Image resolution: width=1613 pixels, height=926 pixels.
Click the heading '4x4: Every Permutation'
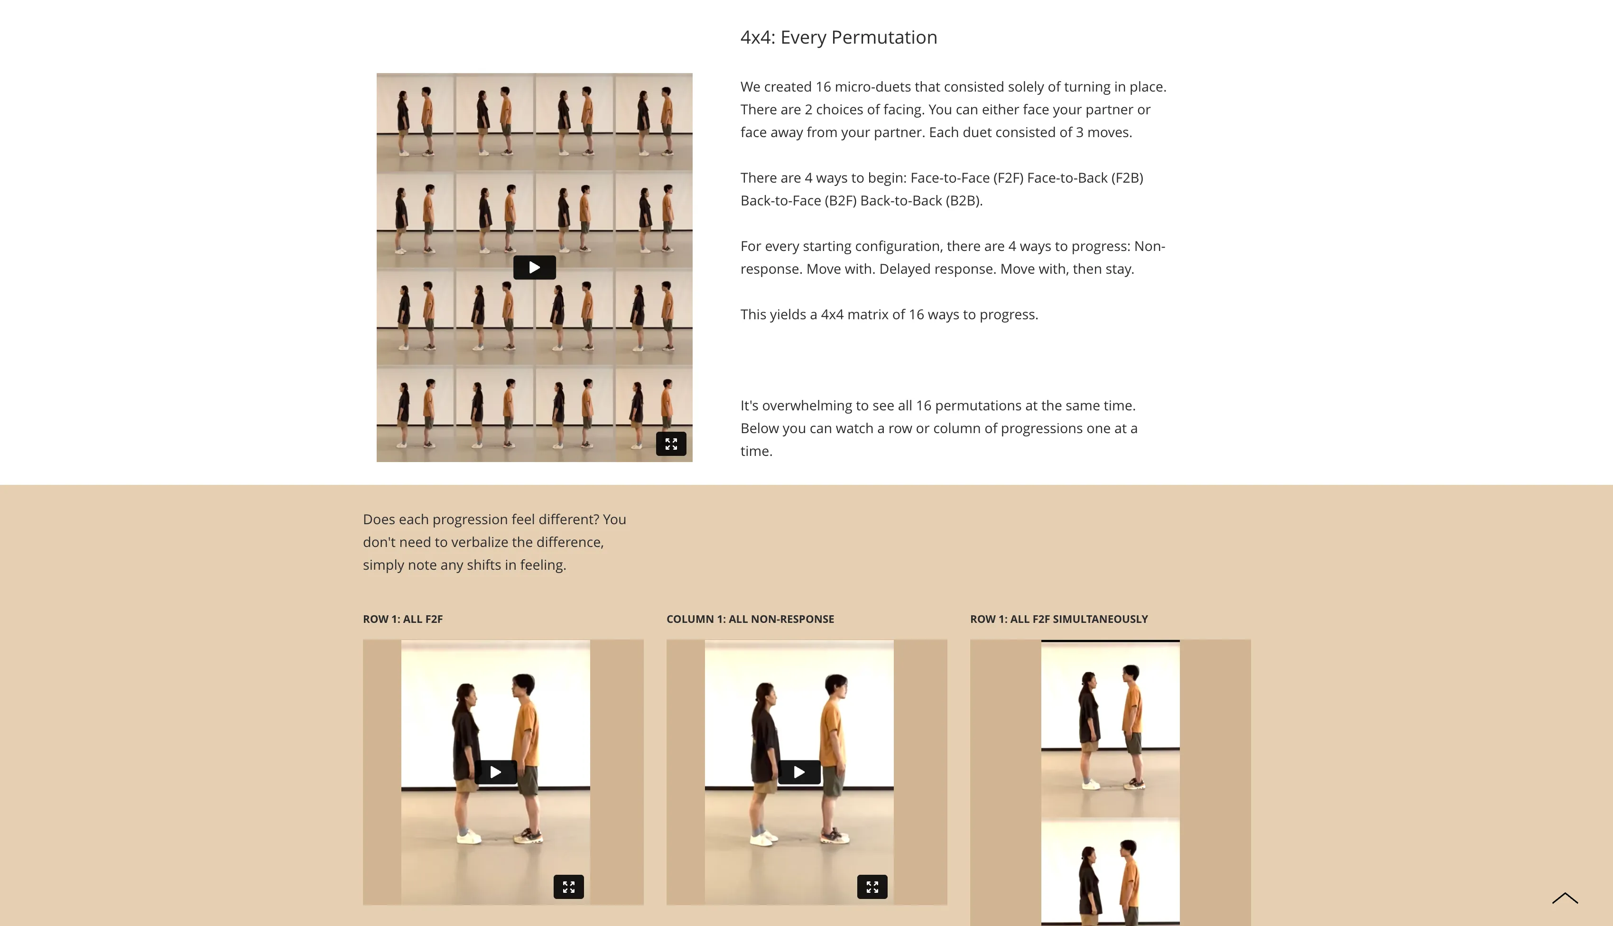[838, 37]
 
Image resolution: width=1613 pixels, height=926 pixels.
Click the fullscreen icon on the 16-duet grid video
[671, 444]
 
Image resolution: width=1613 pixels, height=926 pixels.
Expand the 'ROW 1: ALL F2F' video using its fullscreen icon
[569, 887]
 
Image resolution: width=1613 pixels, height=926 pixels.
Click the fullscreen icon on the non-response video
[872, 887]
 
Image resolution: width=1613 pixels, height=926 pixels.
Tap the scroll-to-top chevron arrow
[1565, 898]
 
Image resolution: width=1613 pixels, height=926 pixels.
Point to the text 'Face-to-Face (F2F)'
[967, 178]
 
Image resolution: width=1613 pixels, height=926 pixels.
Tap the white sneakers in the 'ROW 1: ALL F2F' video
[469, 837]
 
